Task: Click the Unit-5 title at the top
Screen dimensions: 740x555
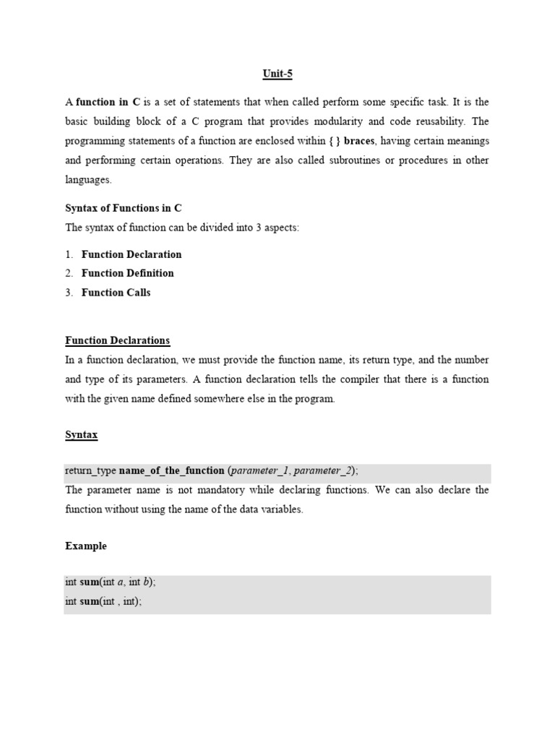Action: (277, 74)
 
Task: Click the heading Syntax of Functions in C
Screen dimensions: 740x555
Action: (123, 208)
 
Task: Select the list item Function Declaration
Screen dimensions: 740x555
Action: (132, 254)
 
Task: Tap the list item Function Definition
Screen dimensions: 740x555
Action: (127, 273)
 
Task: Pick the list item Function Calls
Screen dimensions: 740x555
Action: (116, 293)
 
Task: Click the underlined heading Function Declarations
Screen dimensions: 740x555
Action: (117, 340)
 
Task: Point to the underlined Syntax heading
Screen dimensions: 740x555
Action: (81, 435)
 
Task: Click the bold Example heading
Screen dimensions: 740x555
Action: (85, 546)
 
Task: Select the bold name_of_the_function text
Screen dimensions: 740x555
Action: (171, 470)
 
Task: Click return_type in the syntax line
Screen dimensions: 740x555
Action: (90, 470)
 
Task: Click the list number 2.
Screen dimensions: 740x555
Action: (69, 273)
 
